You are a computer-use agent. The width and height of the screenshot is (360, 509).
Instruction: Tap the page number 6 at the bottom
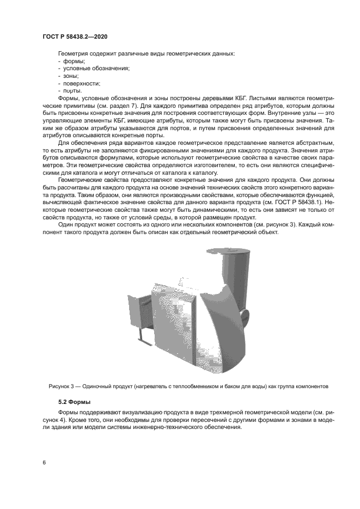[44, 462]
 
